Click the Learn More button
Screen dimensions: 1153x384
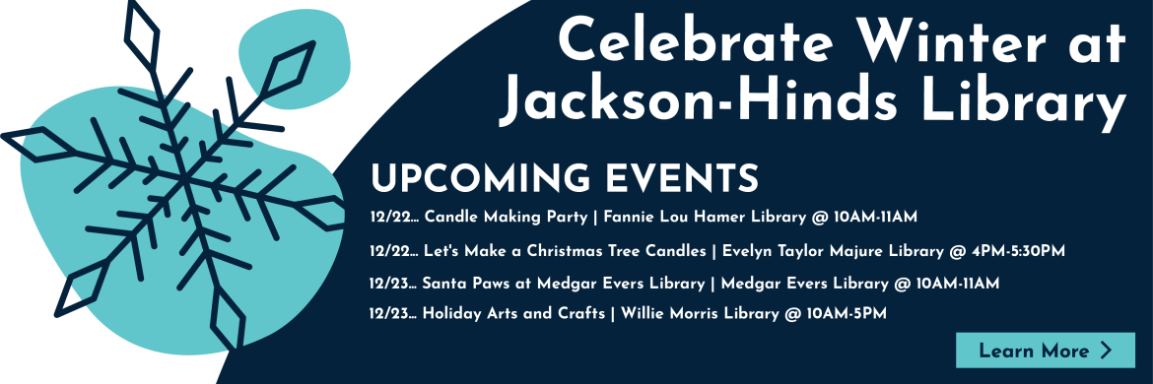[x=1045, y=351]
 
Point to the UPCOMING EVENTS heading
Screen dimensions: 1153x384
[x=564, y=178]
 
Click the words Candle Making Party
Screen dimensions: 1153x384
[x=507, y=218]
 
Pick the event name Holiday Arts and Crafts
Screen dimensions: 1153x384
[x=513, y=313]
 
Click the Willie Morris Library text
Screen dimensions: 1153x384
[x=700, y=313]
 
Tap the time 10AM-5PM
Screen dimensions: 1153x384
[x=846, y=313]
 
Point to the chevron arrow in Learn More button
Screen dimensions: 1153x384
[x=1106, y=351]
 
